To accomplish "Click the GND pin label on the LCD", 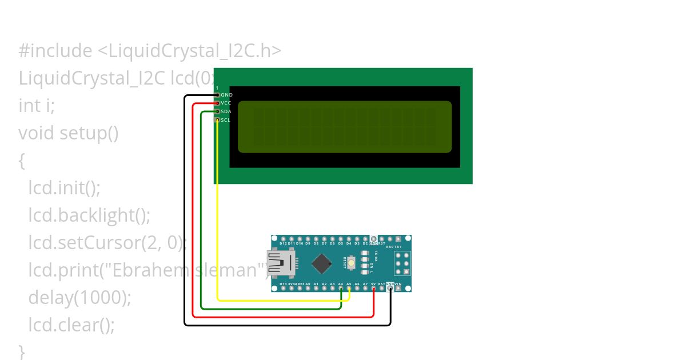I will (x=226, y=95).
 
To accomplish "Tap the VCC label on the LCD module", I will (x=226, y=103).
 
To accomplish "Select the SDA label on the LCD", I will (x=226, y=111).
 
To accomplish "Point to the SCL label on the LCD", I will (x=225, y=120).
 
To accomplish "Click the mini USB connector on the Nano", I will (x=282, y=263).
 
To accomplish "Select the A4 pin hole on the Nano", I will (x=341, y=288).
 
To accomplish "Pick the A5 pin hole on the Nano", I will (x=349, y=288).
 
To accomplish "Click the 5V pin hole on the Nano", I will (x=373, y=288).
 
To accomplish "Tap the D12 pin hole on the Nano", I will (x=284, y=239).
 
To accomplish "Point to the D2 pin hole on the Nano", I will (x=365, y=239).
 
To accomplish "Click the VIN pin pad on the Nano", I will (x=398, y=288).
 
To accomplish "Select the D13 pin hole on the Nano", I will (x=284, y=288).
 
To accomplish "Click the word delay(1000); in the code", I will (x=80, y=298).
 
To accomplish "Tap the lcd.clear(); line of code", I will (x=71, y=325).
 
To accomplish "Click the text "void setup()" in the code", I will (x=69, y=133).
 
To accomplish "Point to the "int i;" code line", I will (x=37, y=106).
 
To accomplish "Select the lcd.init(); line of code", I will (x=64, y=188).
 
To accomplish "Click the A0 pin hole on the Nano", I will (x=308, y=288).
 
